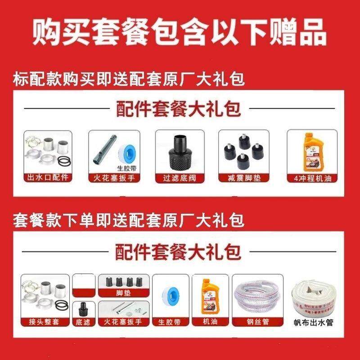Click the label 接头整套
pos(47,322)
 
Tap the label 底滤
pos(83,322)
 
